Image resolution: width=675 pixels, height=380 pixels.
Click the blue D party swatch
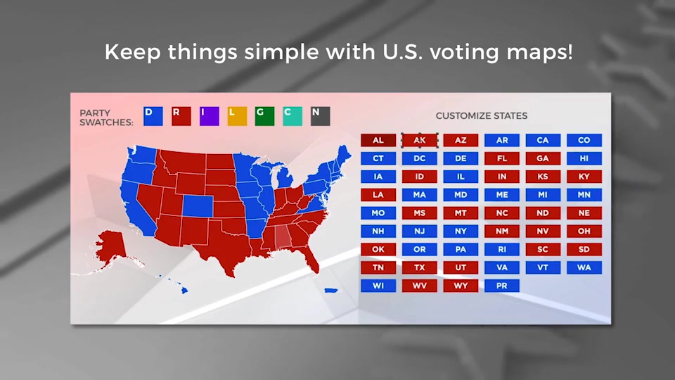pos(153,116)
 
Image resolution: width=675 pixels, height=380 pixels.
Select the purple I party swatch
pos(210,116)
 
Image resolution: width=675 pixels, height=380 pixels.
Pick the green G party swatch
pos(265,116)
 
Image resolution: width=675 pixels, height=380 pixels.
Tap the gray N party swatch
pos(321,116)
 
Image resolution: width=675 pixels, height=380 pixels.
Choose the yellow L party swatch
pos(237,116)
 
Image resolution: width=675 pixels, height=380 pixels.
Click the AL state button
pos(378,140)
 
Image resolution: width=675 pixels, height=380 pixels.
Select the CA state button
pos(543,140)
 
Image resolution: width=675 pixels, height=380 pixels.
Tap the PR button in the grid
pos(502,286)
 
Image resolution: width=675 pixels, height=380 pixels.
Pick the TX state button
pos(419,267)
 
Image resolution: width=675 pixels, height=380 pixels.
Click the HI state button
pos(584,158)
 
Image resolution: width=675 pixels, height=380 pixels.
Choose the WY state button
pos(461,286)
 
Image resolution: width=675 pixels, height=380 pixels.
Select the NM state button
pos(502,231)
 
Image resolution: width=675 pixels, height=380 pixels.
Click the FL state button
pos(502,158)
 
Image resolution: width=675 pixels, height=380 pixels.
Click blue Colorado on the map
pos(198,206)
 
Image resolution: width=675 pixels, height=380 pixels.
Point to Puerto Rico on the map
pos(330,291)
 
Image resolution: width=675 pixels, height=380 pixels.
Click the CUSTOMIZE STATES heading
pos(481,116)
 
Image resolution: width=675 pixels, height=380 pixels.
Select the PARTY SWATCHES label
pos(106,118)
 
